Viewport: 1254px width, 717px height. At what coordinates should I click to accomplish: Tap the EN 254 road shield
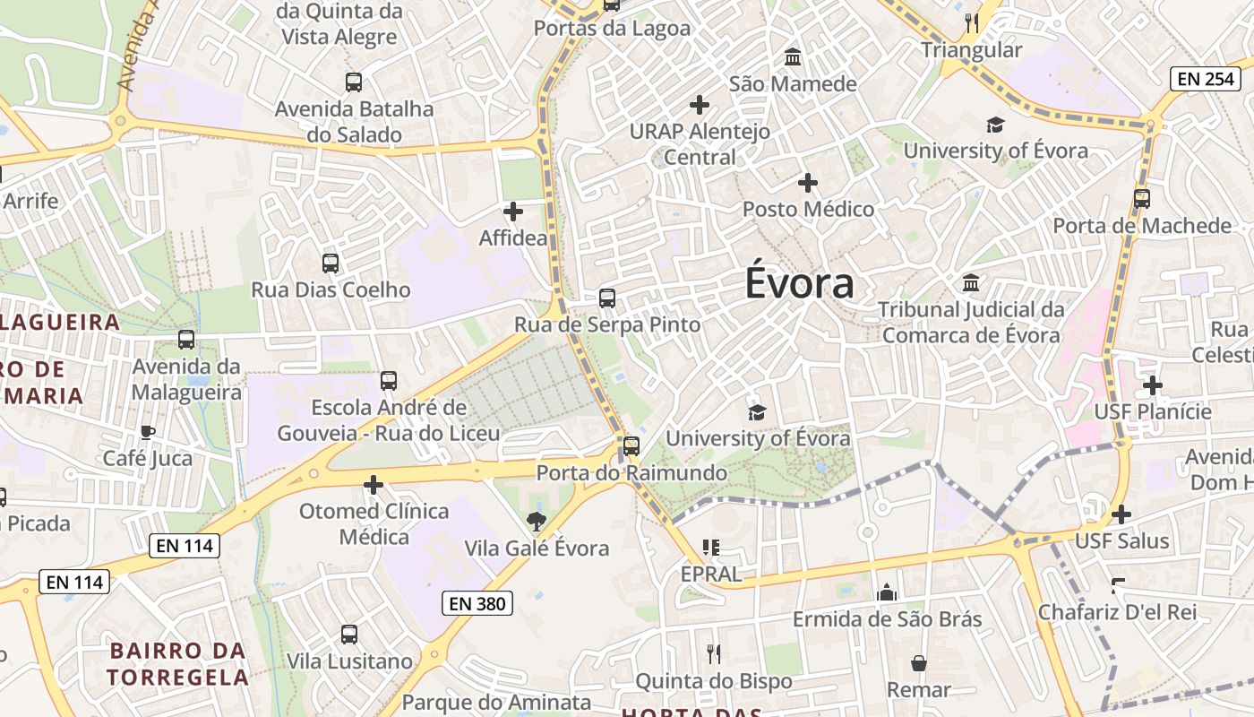[x=1205, y=79]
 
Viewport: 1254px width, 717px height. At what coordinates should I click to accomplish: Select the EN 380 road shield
[x=477, y=604]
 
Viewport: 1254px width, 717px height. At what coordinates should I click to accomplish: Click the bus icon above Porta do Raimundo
[x=631, y=445]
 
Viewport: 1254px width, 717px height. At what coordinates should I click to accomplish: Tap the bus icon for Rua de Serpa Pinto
[x=607, y=298]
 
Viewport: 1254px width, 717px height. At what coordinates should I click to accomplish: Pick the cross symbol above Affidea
[x=513, y=212]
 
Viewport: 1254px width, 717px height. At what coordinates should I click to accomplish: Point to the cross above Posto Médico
[x=808, y=183]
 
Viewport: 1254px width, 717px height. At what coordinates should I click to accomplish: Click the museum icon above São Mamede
[x=793, y=58]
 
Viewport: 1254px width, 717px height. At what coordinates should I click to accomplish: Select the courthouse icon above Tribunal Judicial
[x=971, y=283]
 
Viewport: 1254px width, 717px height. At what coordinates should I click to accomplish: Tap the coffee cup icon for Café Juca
[x=148, y=432]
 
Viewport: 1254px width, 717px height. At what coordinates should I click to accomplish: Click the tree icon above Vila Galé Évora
[x=536, y=521]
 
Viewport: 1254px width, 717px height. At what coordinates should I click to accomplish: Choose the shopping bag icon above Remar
[x=918, y=663]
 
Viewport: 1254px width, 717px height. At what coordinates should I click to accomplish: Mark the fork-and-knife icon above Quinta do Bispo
[x=714, y=653]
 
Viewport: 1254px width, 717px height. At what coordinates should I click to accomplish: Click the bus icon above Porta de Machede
[x=1141, y=199]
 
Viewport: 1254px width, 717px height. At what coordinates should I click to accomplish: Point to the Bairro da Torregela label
[x=177, y=663]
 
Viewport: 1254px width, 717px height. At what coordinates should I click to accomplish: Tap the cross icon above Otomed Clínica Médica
[x=374, y=485]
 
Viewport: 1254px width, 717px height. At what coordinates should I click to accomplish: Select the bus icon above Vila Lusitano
[x=349, y=635]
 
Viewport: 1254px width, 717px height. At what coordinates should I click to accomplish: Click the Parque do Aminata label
[x=496, y=702]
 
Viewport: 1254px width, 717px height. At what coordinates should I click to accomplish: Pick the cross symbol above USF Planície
[x=1153, y=385]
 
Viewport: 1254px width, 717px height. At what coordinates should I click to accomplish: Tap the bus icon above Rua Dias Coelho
[x=331, y=263]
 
